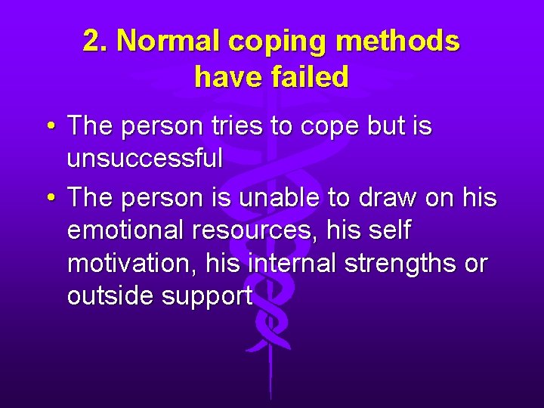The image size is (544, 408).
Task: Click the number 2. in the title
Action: [96, 42]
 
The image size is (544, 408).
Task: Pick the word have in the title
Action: [227, 77]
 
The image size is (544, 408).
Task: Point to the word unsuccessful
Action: [145, 158]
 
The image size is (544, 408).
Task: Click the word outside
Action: [110, 296]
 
